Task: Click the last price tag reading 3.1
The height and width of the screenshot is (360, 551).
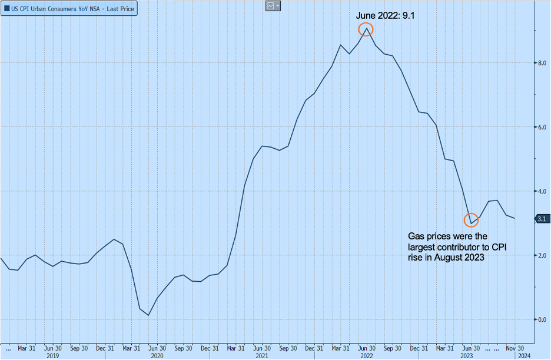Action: coord(541,219)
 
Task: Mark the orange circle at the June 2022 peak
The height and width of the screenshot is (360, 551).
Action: coord(366,29)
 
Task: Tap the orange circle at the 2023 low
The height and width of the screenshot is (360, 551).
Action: coord(471,221)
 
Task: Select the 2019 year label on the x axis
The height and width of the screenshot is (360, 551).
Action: coord(52,355)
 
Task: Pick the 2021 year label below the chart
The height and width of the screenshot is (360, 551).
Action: coord(261,355)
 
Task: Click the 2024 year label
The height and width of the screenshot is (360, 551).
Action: coord(523,355)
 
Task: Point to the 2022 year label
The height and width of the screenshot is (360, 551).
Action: coord(366,355)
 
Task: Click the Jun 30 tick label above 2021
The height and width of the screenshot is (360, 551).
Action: coord(261,347)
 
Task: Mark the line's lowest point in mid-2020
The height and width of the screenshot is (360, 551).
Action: coord(148,315)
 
